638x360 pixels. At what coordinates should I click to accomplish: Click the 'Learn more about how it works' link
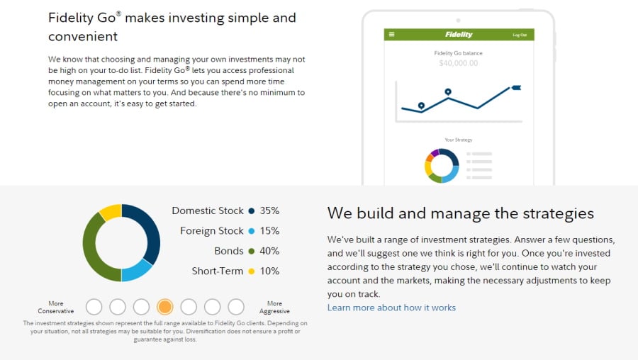coord(391,308)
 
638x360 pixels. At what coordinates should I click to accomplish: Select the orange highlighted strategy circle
coord(164,307)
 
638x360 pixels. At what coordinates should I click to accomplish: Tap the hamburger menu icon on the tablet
coord(391,35)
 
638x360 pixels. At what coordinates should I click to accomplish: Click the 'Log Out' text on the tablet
coord(520,35)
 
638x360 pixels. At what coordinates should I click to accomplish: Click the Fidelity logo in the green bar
coord(459,35)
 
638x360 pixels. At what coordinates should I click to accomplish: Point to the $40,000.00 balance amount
coord(458,63)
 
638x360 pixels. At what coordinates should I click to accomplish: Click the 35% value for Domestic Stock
coord(269,210)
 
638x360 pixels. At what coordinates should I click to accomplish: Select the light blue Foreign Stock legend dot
coord(251,231)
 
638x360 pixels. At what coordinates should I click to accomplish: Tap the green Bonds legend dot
coord(251,251)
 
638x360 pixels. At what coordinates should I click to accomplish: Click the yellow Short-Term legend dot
coord(251,271)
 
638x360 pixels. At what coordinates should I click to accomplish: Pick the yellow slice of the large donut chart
coord(111,211)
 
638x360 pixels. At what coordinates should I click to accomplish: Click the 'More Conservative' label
coord(56,308)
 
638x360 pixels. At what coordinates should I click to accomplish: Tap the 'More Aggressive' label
coord(274,308)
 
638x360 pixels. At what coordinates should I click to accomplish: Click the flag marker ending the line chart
coord(515,88)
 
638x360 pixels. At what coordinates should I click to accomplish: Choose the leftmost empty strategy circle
coord(94,307)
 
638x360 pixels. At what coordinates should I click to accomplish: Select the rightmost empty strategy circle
coord(236,307)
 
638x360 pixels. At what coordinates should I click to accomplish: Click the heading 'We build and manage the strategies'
coord(460,213)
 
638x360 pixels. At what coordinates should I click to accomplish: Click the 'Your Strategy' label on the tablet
coord(458,140)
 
